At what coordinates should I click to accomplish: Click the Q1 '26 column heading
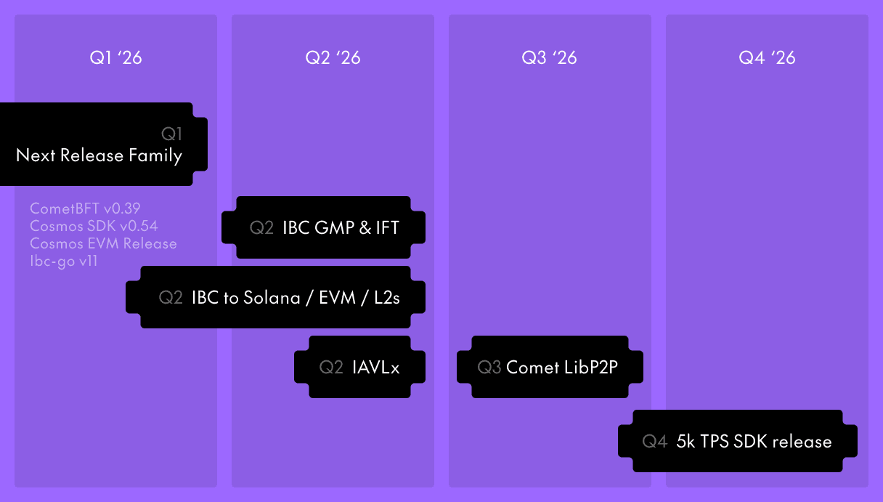coord(115,57)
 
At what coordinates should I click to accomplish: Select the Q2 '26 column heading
coord(333,57)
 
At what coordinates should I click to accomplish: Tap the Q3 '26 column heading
coord(549,57)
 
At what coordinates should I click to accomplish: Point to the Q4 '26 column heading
coord(767,57)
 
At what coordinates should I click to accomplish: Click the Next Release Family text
coord(99,155)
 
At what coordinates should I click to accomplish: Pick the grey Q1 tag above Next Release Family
coord(171,134)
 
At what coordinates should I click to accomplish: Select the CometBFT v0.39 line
coord(85,209)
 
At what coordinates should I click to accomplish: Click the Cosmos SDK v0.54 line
coord(94,226)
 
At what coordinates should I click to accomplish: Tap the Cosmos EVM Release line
coord(103,243)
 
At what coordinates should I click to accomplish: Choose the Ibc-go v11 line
coord(64,260)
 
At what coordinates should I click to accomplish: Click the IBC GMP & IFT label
coord(341,227)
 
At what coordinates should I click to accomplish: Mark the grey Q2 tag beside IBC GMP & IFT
coord(261,227)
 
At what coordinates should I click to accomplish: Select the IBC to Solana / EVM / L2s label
coord(296,297)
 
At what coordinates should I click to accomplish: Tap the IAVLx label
coord(375,367)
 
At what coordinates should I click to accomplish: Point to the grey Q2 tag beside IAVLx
coord(331,367)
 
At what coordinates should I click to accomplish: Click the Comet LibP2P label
coord(561,367)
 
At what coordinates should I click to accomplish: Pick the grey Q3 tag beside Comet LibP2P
coord(489,367)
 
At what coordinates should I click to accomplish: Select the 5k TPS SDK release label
coord(754,441)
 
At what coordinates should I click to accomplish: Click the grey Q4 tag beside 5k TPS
coord(654,441)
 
